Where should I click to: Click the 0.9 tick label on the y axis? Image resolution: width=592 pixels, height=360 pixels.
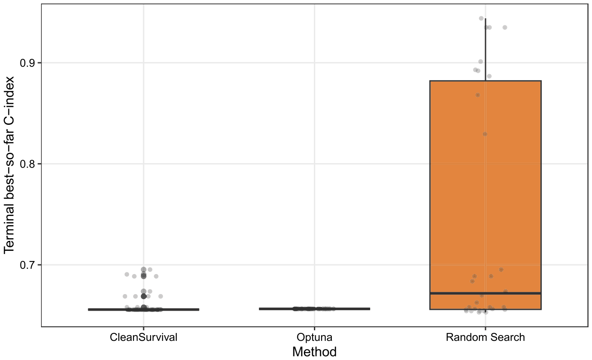pyautogui.click(x=27, y=63)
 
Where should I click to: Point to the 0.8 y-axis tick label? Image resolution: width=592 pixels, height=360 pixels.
pyautogui.click(x=27, y=164)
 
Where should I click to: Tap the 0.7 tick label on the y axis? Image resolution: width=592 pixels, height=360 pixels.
pyautogui.click(x=27, y=265)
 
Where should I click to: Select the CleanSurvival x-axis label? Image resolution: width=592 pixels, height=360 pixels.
pyautogui.click(x=144, y=337)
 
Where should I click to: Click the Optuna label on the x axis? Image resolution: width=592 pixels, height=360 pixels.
pyautogui.click(x=314, y=337)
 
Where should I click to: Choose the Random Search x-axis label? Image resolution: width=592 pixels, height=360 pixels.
pyautogui.click(x=485, y=337)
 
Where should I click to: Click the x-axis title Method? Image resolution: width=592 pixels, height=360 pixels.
pyautogui.click(x=314, y=352)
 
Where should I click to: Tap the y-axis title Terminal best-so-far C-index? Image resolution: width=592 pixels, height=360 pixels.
pyautogui.click(x=9, y=165)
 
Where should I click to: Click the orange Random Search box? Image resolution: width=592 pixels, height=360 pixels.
pyautogui.click(x=485, y=195)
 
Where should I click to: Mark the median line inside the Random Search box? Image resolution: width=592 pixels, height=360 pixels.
pyautogui.click(x=485, y=293)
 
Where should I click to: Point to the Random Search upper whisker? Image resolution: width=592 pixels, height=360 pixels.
pyautogui.click(x=485, y=50)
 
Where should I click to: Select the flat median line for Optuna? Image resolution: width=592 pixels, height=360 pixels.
pyautogui.click(x=314, y=309)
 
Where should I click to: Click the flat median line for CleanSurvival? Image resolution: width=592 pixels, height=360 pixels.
pyautogui.click(x=144, y=309)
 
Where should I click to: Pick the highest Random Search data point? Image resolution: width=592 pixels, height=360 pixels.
pyautogui.click(x=481, y=18)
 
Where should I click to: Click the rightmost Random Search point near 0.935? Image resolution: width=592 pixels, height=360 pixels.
pyautogui.click(x=505, y=27)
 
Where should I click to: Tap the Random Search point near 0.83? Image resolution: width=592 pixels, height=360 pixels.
pyautogui.click(x=485, y=134)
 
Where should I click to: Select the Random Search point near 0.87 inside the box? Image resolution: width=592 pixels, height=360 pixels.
pyautogui.click(x=478, y=95)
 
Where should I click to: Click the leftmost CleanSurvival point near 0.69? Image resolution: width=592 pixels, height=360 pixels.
pyautogui.click(x=127, y=274)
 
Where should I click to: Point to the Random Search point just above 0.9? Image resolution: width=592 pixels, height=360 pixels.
pyautogui.click(x=481, y=62)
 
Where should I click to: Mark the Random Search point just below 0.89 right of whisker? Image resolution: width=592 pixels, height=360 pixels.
pyautogui.click(x=489, y=76)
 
